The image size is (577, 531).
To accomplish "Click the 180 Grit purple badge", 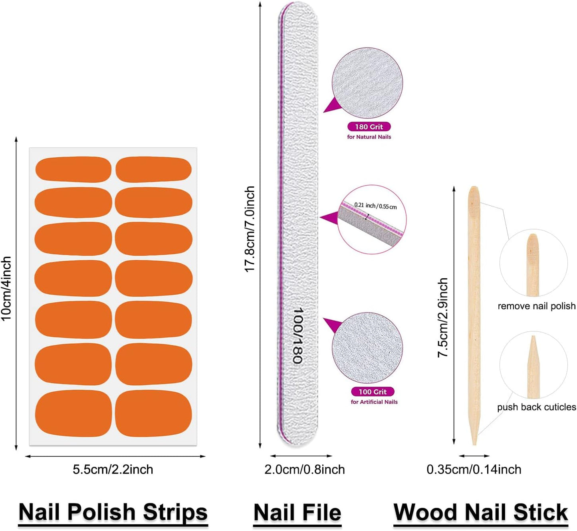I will [369, 127].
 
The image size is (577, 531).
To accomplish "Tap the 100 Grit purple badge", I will [373, 392].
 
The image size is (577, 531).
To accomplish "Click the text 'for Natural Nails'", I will [369, 137].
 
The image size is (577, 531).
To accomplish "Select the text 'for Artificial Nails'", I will [374, 402].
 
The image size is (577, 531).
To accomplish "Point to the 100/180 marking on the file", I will [297, 335].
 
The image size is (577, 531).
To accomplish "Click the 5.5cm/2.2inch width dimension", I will [113, 469].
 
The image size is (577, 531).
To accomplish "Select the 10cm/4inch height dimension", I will [6, 288].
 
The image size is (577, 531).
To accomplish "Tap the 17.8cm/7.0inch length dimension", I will [250, 229].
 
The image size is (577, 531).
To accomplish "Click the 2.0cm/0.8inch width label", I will [305, 469].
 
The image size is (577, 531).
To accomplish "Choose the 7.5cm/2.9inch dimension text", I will [443, 317].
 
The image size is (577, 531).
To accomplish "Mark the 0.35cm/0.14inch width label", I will [474, 469].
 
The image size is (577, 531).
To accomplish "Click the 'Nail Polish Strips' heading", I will [113, 512].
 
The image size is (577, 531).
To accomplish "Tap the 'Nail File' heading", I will [297, 513].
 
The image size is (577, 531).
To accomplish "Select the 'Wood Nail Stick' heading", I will [481, 512].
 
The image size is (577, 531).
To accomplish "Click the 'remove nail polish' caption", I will [536, 306].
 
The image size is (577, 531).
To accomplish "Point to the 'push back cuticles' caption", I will [536, 407].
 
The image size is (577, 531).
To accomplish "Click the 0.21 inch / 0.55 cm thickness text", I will [375, 206].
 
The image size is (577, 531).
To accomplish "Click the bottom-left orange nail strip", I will [73, 413].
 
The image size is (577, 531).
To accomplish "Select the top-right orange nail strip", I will [154, 169].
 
